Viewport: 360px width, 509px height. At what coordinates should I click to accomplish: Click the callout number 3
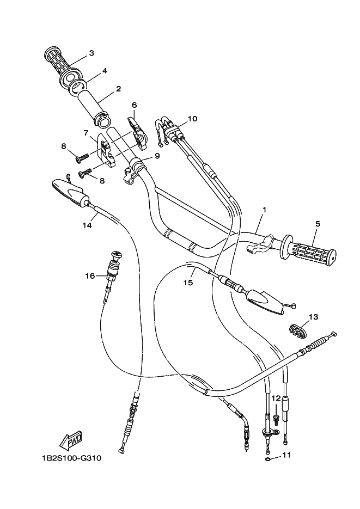tap(91, 53)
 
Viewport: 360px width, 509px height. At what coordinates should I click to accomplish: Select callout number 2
tap(118, 88)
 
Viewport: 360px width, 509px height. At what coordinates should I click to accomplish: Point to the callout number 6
tap(134, 105)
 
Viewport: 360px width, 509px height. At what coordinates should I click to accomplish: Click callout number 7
tap(86, 132)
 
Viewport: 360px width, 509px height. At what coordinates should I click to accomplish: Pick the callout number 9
tap(157, 156)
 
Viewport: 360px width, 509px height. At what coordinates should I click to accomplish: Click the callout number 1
tap(264, 209)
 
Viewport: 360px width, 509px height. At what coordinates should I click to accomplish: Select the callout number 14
tap(86, 224)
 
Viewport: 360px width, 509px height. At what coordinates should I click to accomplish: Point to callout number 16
tap(90, 276)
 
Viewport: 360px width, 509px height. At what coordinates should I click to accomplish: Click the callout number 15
tap(188, 283)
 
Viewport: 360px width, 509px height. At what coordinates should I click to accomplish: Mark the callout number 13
tap(313, 316)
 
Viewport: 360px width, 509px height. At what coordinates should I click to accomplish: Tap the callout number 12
tap(276, 398)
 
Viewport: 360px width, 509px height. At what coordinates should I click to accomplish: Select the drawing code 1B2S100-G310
tap(71, 458)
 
